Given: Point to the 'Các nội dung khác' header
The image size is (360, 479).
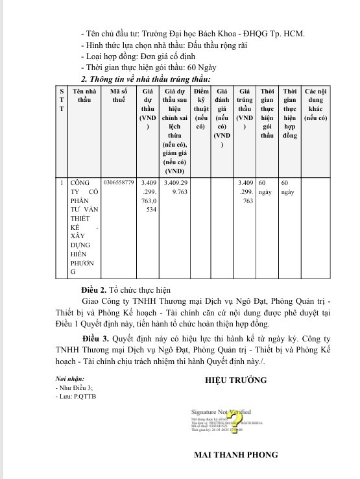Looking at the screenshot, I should pos(315,104).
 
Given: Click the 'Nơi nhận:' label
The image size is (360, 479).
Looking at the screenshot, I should pos(70,378).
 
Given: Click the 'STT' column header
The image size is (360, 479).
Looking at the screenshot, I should pos(62,100).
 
